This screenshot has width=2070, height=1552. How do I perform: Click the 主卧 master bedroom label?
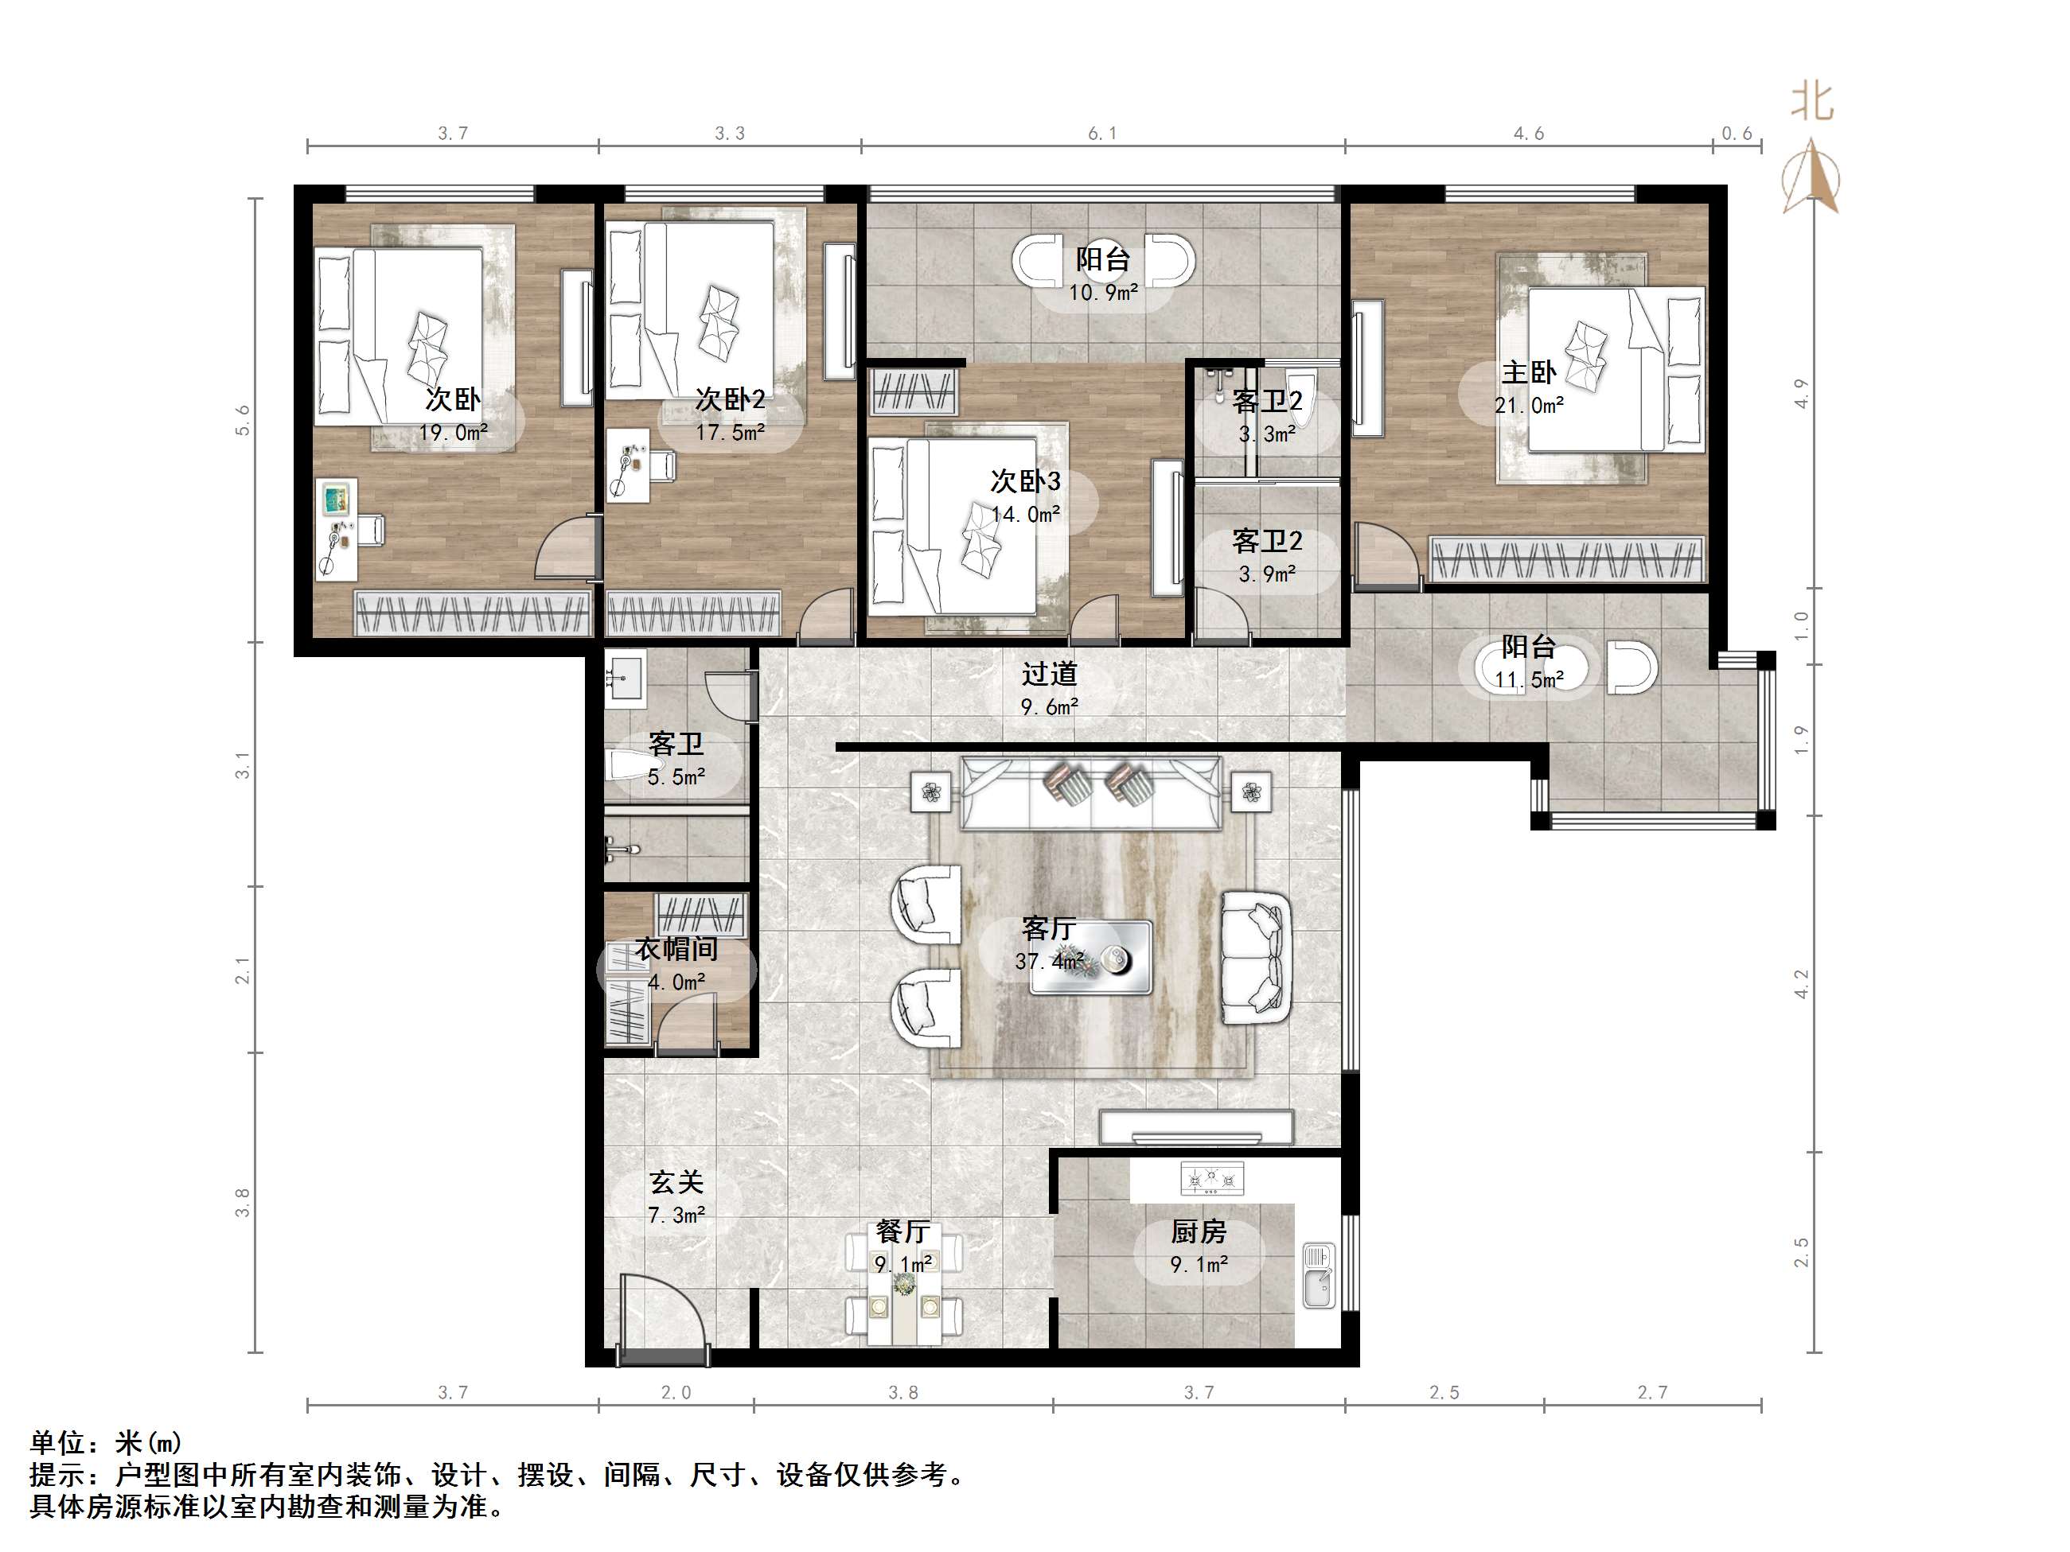tap(1528, 373)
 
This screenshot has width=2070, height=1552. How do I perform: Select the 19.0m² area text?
tap(453, 433)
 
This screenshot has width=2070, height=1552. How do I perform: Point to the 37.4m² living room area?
tap(1049, 962)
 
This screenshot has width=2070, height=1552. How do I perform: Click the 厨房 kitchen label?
tap(1199, 1232)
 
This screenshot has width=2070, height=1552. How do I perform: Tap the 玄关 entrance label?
tap(676, 1182)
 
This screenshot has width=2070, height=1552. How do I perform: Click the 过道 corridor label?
tap(1049, 675)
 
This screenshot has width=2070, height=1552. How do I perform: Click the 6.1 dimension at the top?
tap(1102, 134)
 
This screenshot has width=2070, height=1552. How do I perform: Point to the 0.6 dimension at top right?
tap(1737, 134)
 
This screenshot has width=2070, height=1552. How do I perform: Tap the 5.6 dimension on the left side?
tap(244, 419)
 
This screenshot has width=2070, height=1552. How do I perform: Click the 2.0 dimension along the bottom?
tap(676, 1393)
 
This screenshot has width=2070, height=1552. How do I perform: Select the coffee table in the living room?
tap(1091, 957)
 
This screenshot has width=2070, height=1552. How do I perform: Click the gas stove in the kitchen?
tap(1212, 1180)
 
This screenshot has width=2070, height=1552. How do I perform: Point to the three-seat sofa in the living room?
tap(1092, 794)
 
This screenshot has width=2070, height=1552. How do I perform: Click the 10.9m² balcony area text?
tap(1103, 293)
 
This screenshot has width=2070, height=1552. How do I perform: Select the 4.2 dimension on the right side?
tap(1802, 984)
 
